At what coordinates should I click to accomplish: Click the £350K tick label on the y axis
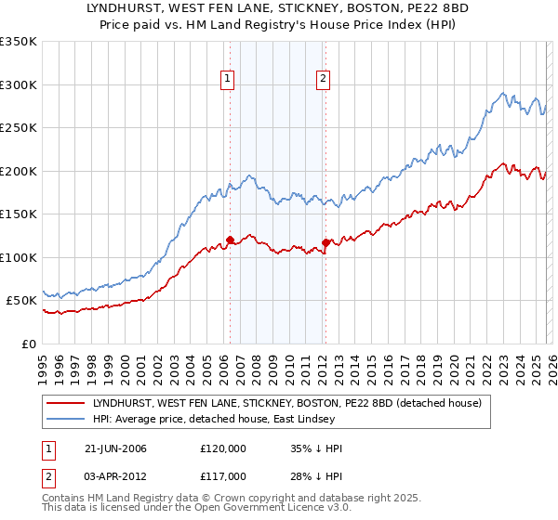pyautogui.click(x=19, y=42)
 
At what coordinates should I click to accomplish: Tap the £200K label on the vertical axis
pyautogui.click(x=19, y=171)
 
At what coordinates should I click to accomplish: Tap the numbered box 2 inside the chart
pyautogui.click(x=323, y=80)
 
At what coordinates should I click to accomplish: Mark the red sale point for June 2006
pyautogui.click(x=230, y=240)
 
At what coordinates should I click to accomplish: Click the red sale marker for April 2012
pyautogui.click(x=325, y=242)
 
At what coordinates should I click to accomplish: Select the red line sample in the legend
pyautogui.click(x=66, y=403)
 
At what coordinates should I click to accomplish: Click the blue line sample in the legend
pyautogui.click(x=66, y=420)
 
